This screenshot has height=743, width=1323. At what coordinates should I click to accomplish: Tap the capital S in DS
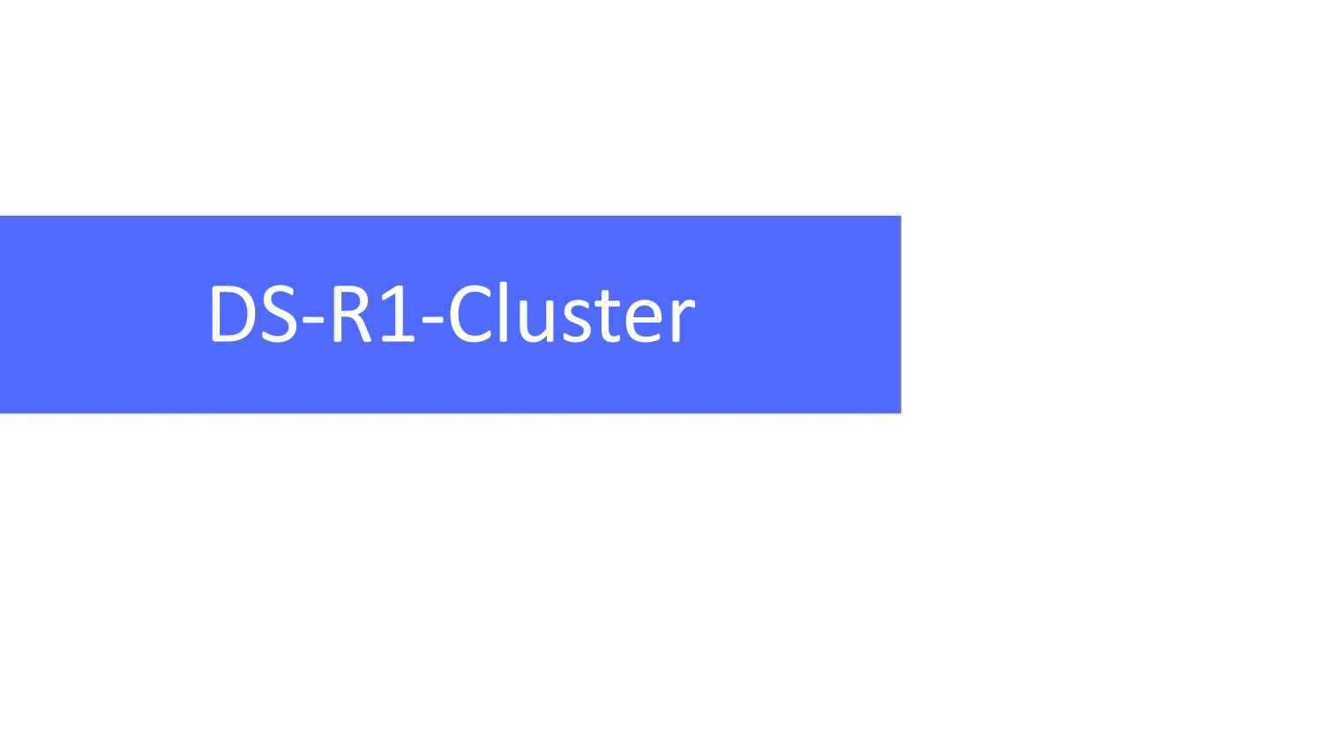click(279, 313)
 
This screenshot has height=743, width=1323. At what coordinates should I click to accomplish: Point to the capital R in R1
click(352, 313)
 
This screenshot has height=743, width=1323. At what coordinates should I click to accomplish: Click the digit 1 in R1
click(398, 313)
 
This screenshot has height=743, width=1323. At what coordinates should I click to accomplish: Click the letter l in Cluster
click(504, 311)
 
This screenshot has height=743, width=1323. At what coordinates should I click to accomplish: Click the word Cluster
click(572, 312)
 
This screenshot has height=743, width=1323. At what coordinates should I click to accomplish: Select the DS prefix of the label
click(254, 313)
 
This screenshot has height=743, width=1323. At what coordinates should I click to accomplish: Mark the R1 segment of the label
click(375, 313)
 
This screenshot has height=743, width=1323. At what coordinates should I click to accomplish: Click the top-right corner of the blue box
click(901, 216)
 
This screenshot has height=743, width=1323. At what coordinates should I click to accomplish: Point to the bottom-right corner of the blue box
click(901, 412)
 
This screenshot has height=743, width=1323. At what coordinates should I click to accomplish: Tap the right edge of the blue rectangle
click(901, 315)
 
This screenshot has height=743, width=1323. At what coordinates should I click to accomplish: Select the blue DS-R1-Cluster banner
click(451, 315)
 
